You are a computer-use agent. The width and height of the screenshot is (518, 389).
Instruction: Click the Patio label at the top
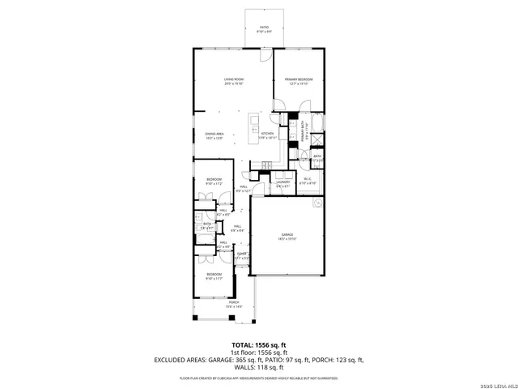click(264, 29)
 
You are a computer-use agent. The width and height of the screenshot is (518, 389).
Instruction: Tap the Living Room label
click(234, 81)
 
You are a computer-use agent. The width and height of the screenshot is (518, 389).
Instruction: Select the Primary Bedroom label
click(299, 81)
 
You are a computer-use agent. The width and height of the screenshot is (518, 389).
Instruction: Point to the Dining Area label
click(214, 136)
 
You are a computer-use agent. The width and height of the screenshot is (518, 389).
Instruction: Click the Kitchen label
click(268, 136)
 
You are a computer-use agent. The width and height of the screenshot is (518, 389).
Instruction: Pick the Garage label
click(287, 237)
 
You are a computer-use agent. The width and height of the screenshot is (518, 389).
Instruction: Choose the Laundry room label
click(283, 183)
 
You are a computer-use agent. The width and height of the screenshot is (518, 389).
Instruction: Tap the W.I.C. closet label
click(308, 183)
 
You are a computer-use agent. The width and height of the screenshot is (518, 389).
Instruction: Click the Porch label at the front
click(233, 304)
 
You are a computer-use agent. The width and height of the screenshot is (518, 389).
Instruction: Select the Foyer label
click(241, 256)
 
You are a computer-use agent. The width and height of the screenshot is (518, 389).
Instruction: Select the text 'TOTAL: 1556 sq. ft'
click(258, 345)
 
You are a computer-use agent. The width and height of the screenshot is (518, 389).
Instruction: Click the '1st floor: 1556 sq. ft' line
click(258, 353)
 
